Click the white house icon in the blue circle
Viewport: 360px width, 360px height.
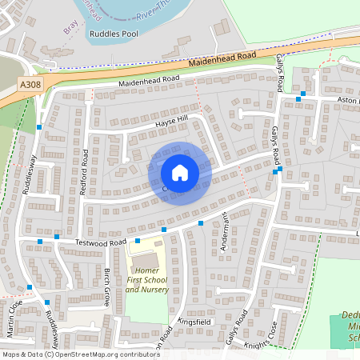pos(179,173)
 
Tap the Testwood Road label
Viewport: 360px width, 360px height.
pos(102,242)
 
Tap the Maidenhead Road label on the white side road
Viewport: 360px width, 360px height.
pos(150,81)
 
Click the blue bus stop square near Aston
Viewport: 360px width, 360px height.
pos(300,98)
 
